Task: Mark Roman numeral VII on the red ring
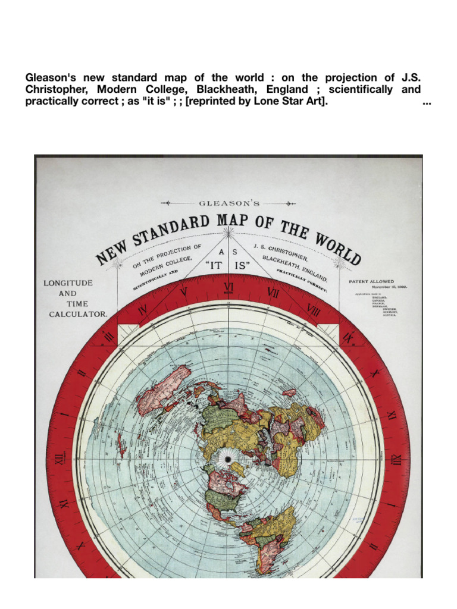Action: tap(274, 293)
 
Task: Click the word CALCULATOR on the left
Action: tap(78, 315)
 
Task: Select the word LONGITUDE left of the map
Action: tap(68, 283)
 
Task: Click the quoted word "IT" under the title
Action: tap(216, 266)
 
